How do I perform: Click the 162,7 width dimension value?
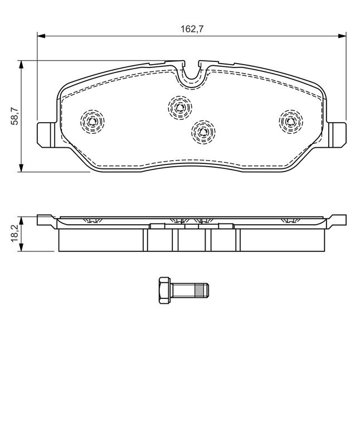click(x=192, y=29)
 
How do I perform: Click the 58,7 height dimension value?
click(x=14, y=117)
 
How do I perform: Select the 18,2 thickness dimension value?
click(x=14, y=233)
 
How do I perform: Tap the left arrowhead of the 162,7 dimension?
click(x=41, y=36)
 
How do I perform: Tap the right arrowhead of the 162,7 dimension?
click(x=342, y=36)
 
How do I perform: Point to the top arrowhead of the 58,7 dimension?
click(x=21, y=65)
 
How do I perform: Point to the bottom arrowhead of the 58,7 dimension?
click(x=21, y=168)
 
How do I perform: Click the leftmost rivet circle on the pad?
click(x=92, y=122)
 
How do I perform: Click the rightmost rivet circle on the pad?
click(x=290, y=122)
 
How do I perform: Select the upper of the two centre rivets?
click(x=179, y=108)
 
